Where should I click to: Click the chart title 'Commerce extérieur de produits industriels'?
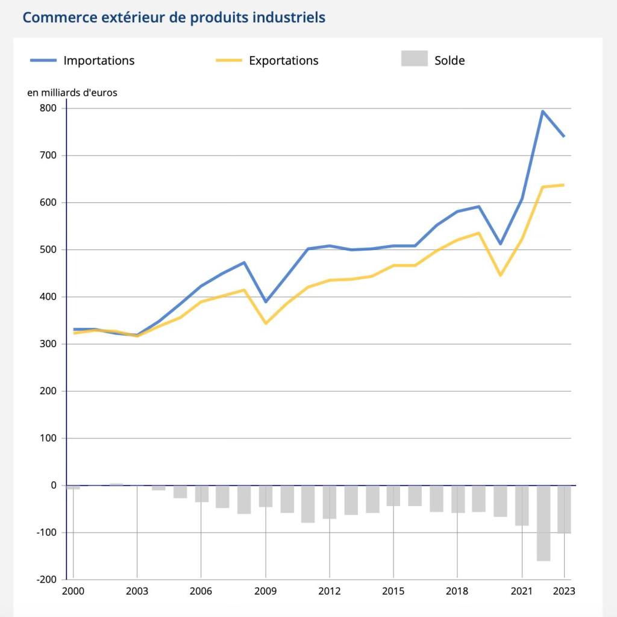tap(174, 17)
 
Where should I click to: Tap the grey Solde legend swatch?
tap(414, 58)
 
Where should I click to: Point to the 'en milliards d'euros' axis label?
tap(72, 93)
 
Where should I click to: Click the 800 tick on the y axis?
tap(48, 108)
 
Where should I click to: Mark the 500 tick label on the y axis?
tap(48, 249)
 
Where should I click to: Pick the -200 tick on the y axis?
tap(46, 580)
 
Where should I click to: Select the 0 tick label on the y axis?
tap(54, 485)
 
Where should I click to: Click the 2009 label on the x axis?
tap(265, 591)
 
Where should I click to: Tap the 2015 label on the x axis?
tap(393, 591)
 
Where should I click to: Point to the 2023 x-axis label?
tap(563, 591)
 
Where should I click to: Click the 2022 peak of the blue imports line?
tap(542, 111)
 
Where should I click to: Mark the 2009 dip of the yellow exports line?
tap(265, 324)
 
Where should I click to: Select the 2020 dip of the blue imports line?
tap(500, 244)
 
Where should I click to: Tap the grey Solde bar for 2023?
tap(564, 509)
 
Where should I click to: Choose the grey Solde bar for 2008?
tap(244, 500)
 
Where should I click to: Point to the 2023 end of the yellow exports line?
tap(564, 185)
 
